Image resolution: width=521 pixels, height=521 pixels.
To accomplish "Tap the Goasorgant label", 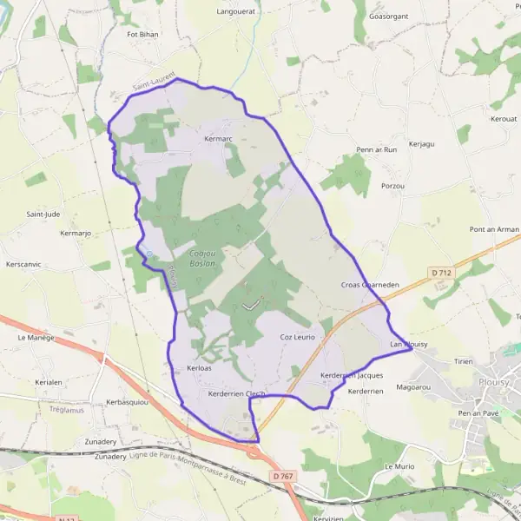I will point(387,16).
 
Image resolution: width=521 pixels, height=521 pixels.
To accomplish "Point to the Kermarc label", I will point(218,139).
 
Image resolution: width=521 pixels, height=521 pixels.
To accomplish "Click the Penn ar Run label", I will point(376,149).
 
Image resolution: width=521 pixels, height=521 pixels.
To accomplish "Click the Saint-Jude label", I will point(43,214).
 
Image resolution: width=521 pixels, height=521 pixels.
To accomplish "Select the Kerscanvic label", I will point(23,264).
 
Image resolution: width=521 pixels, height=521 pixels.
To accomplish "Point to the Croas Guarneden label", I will point(369,284).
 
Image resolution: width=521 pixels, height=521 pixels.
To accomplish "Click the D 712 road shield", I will point(442,273).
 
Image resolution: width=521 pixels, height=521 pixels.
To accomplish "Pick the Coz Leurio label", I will point(297,336).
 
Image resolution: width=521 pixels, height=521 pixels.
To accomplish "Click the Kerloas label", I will point(199,369).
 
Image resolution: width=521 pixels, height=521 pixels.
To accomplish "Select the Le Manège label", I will point(36,337).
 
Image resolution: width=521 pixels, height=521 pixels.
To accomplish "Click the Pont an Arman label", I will point(493,229).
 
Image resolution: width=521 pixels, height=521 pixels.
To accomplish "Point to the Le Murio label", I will point(399,466).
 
